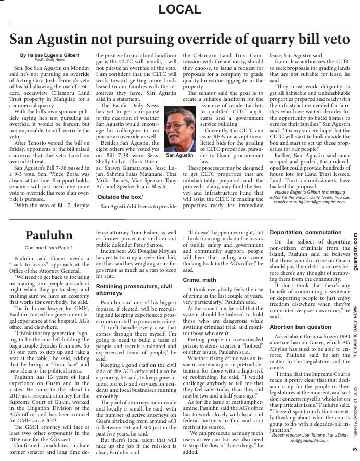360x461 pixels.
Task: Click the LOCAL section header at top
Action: (x=179, y=9)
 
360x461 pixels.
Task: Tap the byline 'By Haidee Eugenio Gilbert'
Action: (x=50, y=55)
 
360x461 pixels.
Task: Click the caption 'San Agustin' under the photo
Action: (x=179, y=155)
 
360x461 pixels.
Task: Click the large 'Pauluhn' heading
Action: (x=49, y=235)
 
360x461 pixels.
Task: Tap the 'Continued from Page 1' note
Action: (x=49, y=247)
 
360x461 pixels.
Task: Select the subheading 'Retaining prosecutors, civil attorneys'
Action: (x=134, y=290)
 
